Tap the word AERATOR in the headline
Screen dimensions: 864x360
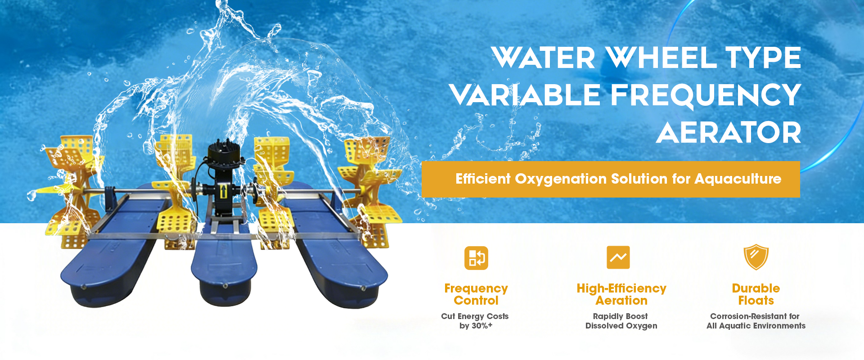[x=729, y=132]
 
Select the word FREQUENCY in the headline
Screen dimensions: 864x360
[x=706, y=95]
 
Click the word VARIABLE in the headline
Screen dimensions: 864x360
[x=525, y=95]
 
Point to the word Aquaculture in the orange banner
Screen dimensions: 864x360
[x=738, y=179]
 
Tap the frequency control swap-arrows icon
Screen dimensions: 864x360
[x=476, y=258]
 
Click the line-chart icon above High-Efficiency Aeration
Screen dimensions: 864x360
[x=618, y=257]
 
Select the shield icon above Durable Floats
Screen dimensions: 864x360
[x=756, y=257]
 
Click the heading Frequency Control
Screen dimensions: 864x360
[x=476, y=294]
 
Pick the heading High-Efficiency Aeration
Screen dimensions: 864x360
[x=621, y=294]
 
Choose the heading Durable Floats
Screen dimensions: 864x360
[x=756, y=294]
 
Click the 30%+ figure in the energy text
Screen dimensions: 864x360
[x=482, y=326]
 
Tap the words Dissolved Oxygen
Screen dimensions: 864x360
[x=621, y=326]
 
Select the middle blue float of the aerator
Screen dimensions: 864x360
[x=224, y=261]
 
